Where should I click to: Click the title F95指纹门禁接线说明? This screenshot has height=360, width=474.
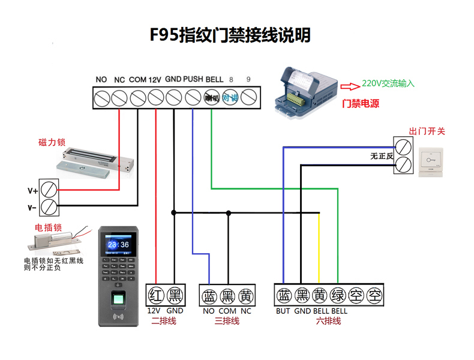pos(230,35)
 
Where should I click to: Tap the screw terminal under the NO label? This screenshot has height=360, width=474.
pos(101,97)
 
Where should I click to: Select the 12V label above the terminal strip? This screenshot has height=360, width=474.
pos(155,79)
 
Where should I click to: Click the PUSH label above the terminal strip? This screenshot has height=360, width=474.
pos(193,79)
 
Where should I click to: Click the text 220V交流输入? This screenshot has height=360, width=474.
pos(388,84)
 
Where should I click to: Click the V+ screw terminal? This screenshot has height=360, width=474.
pos(50,190)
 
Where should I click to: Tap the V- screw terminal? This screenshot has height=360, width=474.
pos(50,208)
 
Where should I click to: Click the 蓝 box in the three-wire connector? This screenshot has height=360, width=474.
pos(209,295)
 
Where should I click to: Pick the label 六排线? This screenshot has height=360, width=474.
pos(328,321)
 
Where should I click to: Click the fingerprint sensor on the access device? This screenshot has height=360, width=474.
pos(119,299)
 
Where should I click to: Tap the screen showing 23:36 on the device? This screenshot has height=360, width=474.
pos(119,245)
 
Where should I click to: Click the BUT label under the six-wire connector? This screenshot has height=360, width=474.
pos(283,311)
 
